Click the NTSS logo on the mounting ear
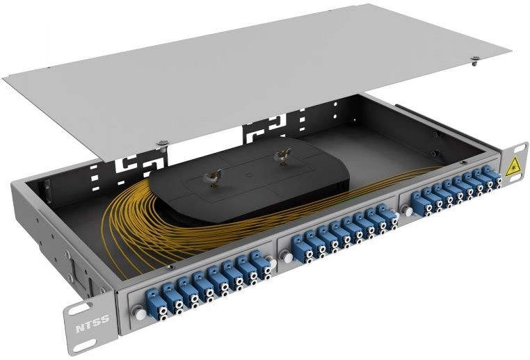point(93,319)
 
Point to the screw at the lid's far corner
point(476,60)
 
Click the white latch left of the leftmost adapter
point(139,311)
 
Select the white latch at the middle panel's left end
point(288,258)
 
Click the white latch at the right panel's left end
point(408,212)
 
